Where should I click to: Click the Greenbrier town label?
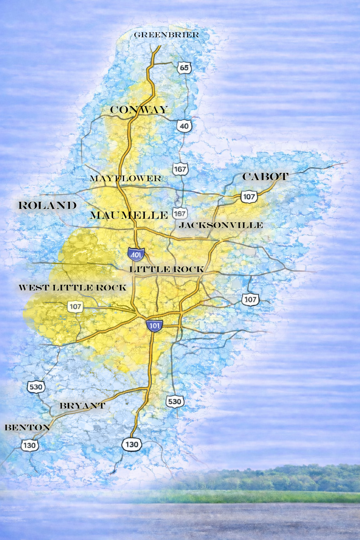click(x=166, y=35)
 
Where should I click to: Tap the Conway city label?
click(x=139, y=110)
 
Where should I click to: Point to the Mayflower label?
click(x=126, y=179)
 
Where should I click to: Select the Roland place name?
click(x=47, y=206)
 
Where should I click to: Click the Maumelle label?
click(x=129, y=215)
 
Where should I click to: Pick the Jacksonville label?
click(x=221, y=225)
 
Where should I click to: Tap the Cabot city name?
click(x=265, y=176)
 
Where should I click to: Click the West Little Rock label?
click(x=72, y=288)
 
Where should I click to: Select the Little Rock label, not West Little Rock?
click(x=167, y=269)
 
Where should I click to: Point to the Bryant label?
click(x=82, y=406)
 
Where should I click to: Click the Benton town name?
click(x=27, y=427)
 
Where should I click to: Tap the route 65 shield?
click(x=184, y=67)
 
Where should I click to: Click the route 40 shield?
click(x=184, y=126)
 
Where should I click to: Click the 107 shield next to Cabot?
click(x=249, y=197)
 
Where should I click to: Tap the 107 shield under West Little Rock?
click(x=75, y=307)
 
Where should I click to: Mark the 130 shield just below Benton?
click(x=29, y=445)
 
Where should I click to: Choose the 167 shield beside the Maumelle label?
click(x=180, y=213)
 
